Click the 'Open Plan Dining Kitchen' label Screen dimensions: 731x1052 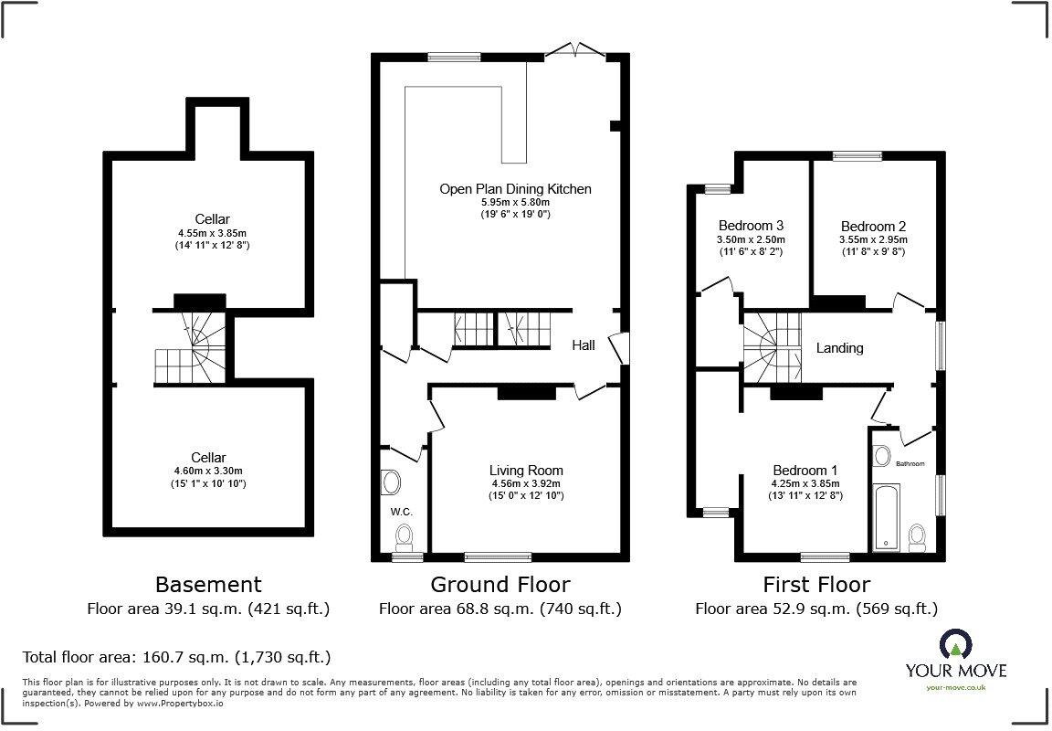coord(515,189)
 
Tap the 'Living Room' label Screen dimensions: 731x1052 coord(526,471)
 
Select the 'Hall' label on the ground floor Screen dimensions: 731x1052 coord(584,345)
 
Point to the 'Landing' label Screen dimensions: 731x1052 coord(839,348)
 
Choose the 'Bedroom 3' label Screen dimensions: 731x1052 coord(751,226)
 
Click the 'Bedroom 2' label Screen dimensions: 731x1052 coord(873,227)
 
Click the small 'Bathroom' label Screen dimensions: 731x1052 coord(910,464)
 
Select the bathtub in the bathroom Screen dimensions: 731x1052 coord(886,518)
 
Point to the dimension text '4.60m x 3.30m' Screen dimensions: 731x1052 coord(208,471)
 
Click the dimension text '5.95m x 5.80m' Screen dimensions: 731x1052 coord(515,202)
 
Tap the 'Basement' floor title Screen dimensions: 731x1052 coord(208,585)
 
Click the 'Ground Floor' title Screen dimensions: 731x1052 coord(500,585)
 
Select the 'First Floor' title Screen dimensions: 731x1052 coord(816,585)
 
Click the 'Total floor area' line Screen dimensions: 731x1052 coord(176,657)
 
